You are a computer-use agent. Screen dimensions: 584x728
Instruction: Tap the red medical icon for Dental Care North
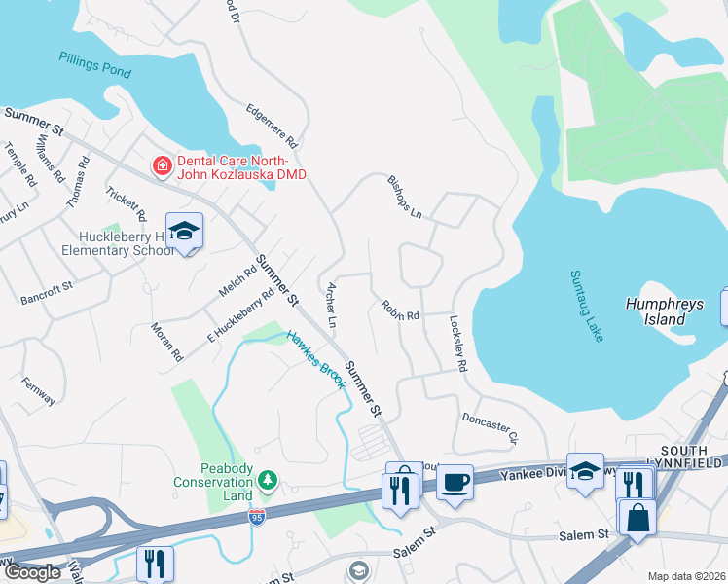(162, 167)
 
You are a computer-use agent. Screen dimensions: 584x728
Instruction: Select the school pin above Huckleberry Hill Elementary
(184, 232)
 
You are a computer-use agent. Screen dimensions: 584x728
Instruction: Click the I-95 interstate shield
(257, 517)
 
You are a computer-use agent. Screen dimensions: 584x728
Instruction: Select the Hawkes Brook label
(315, 359)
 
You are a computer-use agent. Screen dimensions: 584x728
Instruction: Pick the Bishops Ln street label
(405, 198)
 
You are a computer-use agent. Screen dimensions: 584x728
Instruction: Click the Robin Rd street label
(399, 310)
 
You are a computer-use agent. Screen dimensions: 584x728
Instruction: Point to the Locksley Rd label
(458, 342)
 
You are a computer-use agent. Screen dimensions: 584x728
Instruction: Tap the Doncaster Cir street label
(490, 426)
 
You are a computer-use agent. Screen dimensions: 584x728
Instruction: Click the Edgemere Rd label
(272, 124)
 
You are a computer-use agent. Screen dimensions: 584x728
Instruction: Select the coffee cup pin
(455, 482)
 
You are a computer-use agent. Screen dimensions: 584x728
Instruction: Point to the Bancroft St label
(47, 294)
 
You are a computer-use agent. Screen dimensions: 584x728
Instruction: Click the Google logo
(32, 572)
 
